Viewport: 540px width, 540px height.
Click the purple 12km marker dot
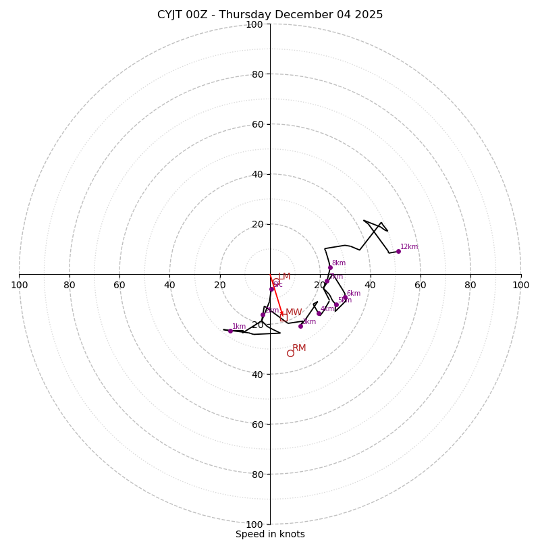398,251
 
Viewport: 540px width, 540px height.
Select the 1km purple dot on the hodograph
230,331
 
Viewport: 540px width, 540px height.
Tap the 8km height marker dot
330,267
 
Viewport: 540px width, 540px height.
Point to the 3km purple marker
300,326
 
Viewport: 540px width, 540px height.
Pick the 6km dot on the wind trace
345,297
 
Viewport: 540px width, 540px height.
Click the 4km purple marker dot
319,313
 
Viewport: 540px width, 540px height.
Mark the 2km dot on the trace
263,315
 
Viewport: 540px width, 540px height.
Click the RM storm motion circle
290,353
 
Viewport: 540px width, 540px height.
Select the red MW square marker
283,317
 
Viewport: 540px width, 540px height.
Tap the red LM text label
284,277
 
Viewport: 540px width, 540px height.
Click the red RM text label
299,348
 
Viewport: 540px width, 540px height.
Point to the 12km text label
409,247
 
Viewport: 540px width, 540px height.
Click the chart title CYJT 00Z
270,15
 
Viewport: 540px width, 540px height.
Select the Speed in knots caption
270,534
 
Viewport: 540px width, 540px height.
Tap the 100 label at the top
254,24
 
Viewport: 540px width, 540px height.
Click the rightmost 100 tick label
521,285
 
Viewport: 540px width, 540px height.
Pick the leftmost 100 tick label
19,285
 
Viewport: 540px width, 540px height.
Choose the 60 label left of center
119,285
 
